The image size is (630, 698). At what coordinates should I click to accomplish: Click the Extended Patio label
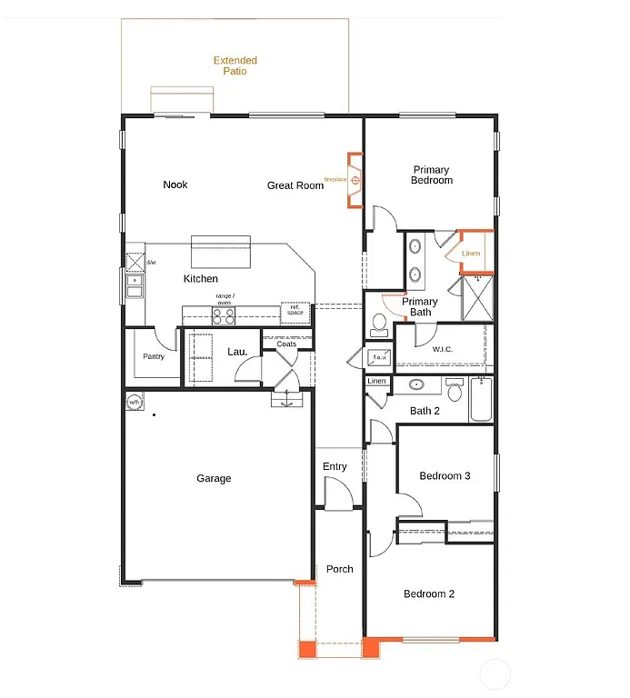(235, 65)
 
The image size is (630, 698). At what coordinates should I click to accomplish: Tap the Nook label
(175, 184)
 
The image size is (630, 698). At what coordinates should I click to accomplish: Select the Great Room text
(295, 185)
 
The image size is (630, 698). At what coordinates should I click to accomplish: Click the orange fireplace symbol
(355, 180)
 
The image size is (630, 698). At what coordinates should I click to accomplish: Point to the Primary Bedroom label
(431, 174)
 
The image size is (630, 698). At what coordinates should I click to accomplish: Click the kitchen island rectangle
(220, 252)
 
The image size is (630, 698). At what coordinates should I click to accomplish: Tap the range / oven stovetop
(224, 315)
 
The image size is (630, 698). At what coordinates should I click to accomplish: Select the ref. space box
(295, 311)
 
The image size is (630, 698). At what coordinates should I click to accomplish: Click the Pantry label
(154, 356)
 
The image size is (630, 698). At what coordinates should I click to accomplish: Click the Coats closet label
(286, 344)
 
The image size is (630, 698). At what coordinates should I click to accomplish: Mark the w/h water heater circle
(134, 402)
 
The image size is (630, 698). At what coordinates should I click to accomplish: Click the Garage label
(214, 478)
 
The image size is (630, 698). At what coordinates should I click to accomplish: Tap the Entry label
(335, 466)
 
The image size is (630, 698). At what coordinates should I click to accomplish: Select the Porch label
(339, 569)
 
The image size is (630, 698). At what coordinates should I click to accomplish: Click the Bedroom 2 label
(429, 593)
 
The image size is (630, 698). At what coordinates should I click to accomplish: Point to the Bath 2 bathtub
(482, 401)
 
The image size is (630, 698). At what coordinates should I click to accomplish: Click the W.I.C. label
(443, 349)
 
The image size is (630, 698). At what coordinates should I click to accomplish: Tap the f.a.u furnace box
(379, 357)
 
